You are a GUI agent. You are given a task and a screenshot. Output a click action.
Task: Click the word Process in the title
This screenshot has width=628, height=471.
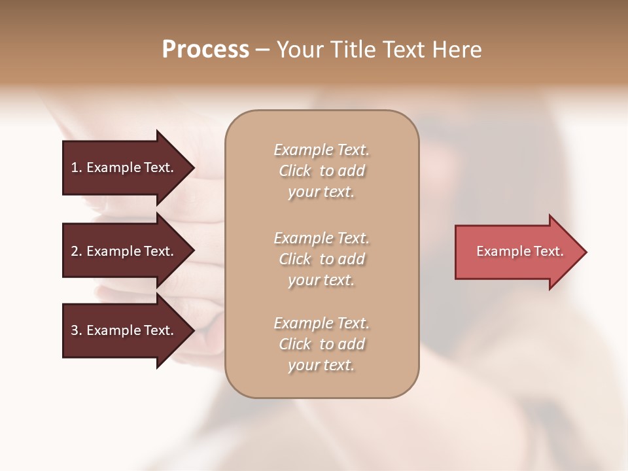tap(205, 50)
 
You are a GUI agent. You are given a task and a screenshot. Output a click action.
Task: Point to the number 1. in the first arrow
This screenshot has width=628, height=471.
tap(77, 167)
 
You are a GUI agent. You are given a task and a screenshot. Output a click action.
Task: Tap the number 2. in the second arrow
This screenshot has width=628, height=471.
tap(77, 251)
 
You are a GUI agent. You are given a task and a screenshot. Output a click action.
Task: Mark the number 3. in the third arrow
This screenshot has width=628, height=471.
tap(77, 330)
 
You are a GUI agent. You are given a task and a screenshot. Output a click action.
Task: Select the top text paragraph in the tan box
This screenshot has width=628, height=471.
tap(321, 171)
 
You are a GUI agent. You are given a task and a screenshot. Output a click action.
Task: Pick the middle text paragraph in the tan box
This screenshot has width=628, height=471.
tap(321, 259)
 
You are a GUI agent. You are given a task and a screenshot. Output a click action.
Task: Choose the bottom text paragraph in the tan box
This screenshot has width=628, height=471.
tap(321, 344)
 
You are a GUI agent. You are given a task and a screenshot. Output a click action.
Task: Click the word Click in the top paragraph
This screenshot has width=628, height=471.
tap(295, 171)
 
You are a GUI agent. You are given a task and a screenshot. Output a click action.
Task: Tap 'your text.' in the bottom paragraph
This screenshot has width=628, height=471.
tap(321, 365)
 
